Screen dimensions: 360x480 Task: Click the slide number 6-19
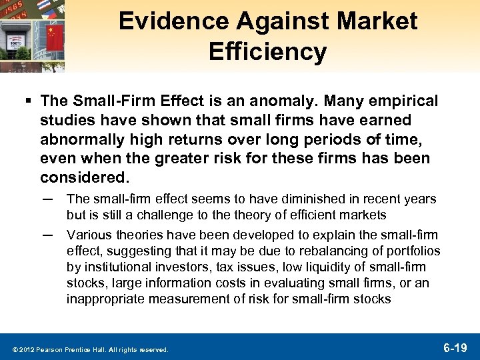457,347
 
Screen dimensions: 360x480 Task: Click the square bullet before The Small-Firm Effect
28,102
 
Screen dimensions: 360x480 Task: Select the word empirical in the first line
403,101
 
